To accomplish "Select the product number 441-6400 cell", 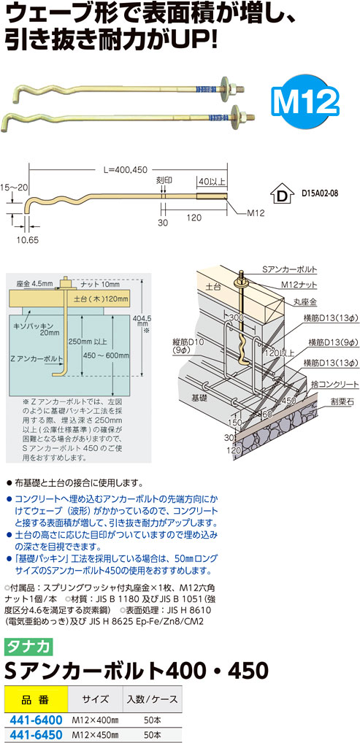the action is pyautogui.click(x=36, y=720).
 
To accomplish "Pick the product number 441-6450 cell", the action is pyautogui.click(x=36, y=734).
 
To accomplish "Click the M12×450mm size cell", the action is pyautogui.click(x=95, y=734).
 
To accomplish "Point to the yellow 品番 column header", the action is pyautogui.click(x=36, y=699).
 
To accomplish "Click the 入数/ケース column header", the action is pyautogui.click(x=152, y=699).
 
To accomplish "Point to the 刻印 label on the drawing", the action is pyautogui.click(x=162, y=180).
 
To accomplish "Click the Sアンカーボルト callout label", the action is pyautogui.click(x=289, y=269).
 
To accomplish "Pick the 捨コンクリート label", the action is pyautogui.click(x=329, y=383).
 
